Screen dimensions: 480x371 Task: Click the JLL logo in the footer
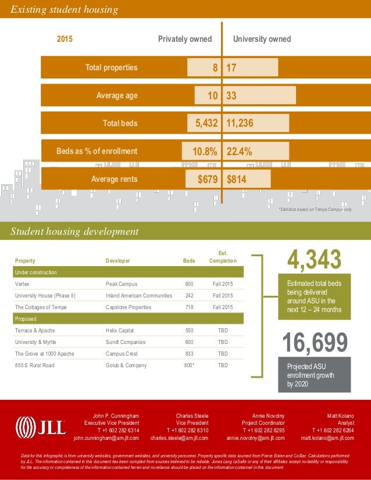[40, 427]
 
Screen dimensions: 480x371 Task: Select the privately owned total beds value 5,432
[202, 123]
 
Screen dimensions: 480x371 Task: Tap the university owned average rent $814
[237, 180]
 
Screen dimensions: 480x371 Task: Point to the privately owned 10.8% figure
[205, 152]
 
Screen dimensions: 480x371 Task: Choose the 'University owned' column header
[262, 39]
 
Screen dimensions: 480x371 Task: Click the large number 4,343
[315, 259]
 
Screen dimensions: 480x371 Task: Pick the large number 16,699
[315, 343]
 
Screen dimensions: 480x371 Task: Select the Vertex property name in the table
[22, 284]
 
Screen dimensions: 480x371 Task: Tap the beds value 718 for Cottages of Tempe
[189, 307]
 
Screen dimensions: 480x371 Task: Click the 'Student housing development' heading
[74, 231]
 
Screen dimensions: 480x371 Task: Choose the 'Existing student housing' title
[64, 9]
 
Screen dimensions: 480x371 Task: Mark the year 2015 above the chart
[65, 39]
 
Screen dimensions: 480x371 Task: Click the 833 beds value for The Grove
[189, 354]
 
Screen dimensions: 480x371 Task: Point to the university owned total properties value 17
[231, 67]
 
